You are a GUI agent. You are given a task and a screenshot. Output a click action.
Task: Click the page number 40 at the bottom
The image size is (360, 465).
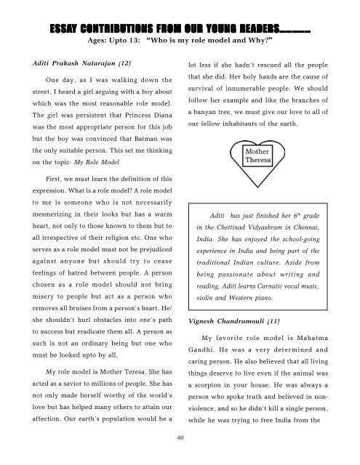click(x=180, y=438)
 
